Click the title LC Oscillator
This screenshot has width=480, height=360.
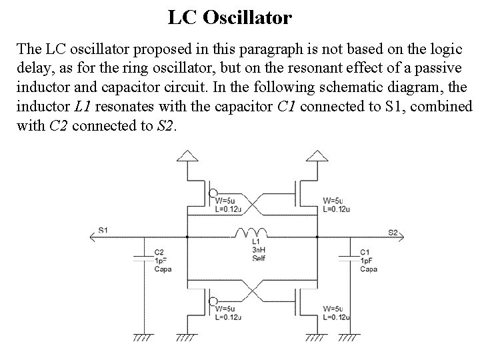pyautogui.click(x=229, y=17)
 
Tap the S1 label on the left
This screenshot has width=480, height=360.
pyautogui.click(x=103, y=230)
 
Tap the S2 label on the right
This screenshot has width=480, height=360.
pyautogui.click(x=393, y=232)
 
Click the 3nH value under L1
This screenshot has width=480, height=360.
pyautogui.click(x=259, y=249)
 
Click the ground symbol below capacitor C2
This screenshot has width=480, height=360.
pyautogui.click(x=143, y=337)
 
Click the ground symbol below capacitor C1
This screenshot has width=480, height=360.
pyautogui.click(x=348, y=337)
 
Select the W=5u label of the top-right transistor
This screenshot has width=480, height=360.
pyautogui.click(x=333, y=201)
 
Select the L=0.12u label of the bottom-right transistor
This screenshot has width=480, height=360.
pyautogui.click(x=337, y=317)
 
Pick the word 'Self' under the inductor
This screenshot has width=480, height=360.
pyautogui.click(x=259, y=257)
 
